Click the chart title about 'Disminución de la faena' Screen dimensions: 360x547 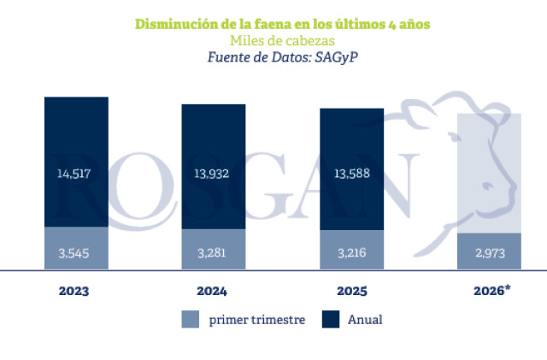click(x=283, y=23)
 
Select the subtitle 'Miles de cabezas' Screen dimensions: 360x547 click(x=281, y=40)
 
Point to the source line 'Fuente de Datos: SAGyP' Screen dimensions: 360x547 click(x=281, y=56)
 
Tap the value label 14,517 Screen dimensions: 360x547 click(x=77, y=174)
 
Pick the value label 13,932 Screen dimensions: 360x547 click(x=214, y=174)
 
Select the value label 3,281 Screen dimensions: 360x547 click(x=214, y=251)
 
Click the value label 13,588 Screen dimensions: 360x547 click(x=351, y=174)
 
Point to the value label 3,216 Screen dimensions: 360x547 click(x=351, y=251)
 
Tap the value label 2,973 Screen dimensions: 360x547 click(x=489, y=251)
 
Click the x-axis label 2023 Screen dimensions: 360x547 click(x=74, y=291)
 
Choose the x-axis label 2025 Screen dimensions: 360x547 click(x=352, y=291)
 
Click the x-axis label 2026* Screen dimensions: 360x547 click(x=492, y=291)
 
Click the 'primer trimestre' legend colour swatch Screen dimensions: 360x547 click(x=191, y=320)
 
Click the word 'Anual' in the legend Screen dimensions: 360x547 click(x=365, y=320)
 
